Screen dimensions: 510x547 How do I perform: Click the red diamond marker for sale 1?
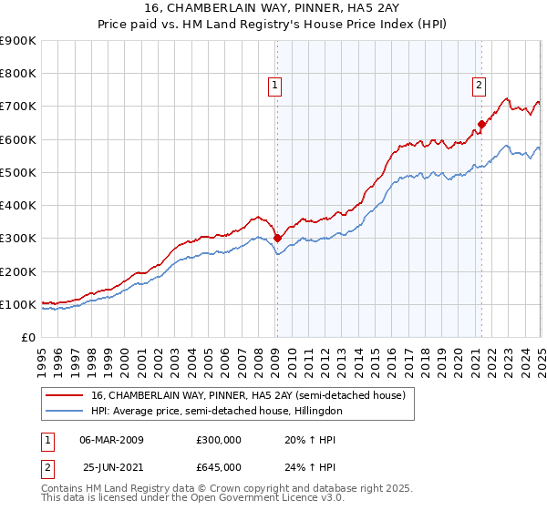click(277, 239)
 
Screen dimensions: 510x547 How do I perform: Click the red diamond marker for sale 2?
click(481, 125)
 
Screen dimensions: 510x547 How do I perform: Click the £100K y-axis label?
click(18, 304)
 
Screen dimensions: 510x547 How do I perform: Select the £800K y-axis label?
click(18, 73)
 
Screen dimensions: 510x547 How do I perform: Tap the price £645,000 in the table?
click(219, 467)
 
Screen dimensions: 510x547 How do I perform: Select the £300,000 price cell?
click(219, 440)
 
